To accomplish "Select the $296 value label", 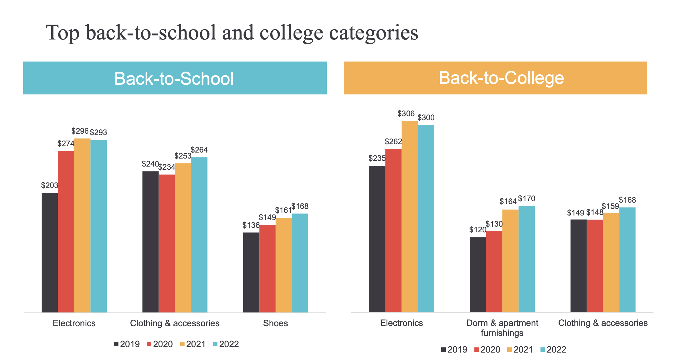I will point(80,131).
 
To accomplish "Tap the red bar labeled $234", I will point(167,243).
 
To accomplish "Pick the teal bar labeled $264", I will point(199,235).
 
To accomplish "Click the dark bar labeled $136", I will point(251,272).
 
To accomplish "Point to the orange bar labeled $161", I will point(284,265).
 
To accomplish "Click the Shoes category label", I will point(275,323).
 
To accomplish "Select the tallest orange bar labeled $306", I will point(409,216).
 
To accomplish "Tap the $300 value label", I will point(426,118).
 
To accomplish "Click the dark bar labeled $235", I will point(377,239).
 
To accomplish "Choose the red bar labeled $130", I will point(494,272).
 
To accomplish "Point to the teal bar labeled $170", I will point(526,259).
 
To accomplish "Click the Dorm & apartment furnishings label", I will point(502,328).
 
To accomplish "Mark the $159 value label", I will point(610,206).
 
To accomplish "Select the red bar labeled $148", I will point(595,266).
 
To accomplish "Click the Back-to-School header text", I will point(174,78).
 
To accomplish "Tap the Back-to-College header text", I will point(501,78).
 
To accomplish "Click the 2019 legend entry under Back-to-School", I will point(127,344).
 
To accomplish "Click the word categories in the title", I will point(373,33).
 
